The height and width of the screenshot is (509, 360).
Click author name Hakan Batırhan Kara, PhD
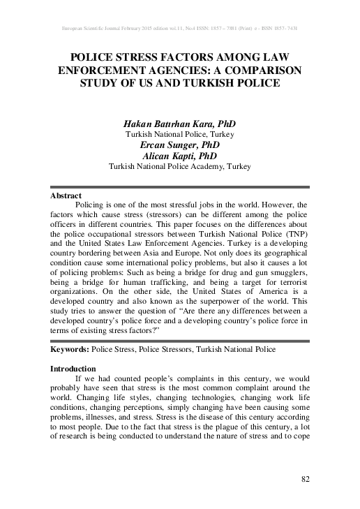[179, 122]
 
